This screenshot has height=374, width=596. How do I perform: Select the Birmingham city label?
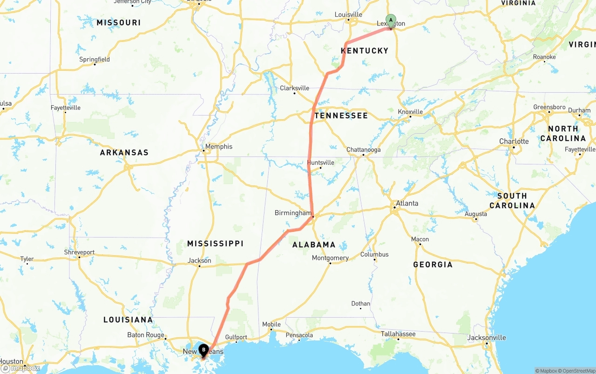click(293, 213)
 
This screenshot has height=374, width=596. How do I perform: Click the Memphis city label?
click(218, 146)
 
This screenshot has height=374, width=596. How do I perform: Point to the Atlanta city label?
click(406, 203)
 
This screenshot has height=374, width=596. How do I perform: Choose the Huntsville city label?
click(320, 163)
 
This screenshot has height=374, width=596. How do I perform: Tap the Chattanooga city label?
click(363, 150)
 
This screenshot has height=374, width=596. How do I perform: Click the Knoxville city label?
click(410, 112)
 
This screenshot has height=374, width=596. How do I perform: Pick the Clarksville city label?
click(294, 88)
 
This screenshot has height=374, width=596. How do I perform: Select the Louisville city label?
click(348, 15)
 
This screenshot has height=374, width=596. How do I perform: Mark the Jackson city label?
click(199, 260)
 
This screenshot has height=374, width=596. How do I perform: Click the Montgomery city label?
click(330, 258)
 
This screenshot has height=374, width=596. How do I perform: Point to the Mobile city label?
click(271, 324)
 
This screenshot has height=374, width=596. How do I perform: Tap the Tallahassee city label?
click(398, 334)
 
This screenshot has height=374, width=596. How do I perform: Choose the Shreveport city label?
click(79, 252)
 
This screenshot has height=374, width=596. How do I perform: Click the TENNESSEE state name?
click(341, 116)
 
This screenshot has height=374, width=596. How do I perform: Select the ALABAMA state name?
click(314, 245)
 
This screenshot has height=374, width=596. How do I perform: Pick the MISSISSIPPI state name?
click(215, 244)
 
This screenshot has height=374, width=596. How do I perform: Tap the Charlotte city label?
click(514, 141)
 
